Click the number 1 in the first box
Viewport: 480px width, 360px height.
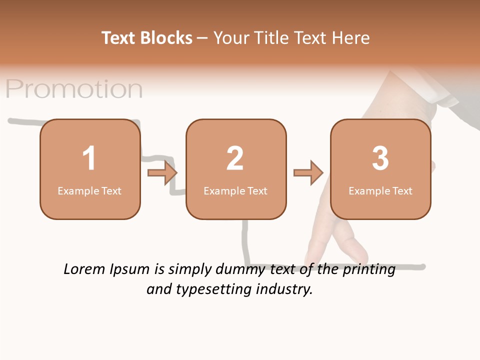tap(89, 158)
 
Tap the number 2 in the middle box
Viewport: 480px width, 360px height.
tap(235, 158)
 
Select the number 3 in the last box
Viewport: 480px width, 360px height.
tap(380, 158)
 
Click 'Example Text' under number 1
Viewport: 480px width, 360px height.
tap(89, 191)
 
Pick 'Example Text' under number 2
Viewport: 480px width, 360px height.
tap(235, 191)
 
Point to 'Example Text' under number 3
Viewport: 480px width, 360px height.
tap(380, 191)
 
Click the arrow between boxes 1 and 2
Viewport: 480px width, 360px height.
tap(162, 173)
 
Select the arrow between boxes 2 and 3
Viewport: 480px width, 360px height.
tap(308, 173)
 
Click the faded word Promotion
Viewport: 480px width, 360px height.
tap(74, 89)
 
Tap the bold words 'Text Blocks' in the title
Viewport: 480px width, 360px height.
tap(147, 38)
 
